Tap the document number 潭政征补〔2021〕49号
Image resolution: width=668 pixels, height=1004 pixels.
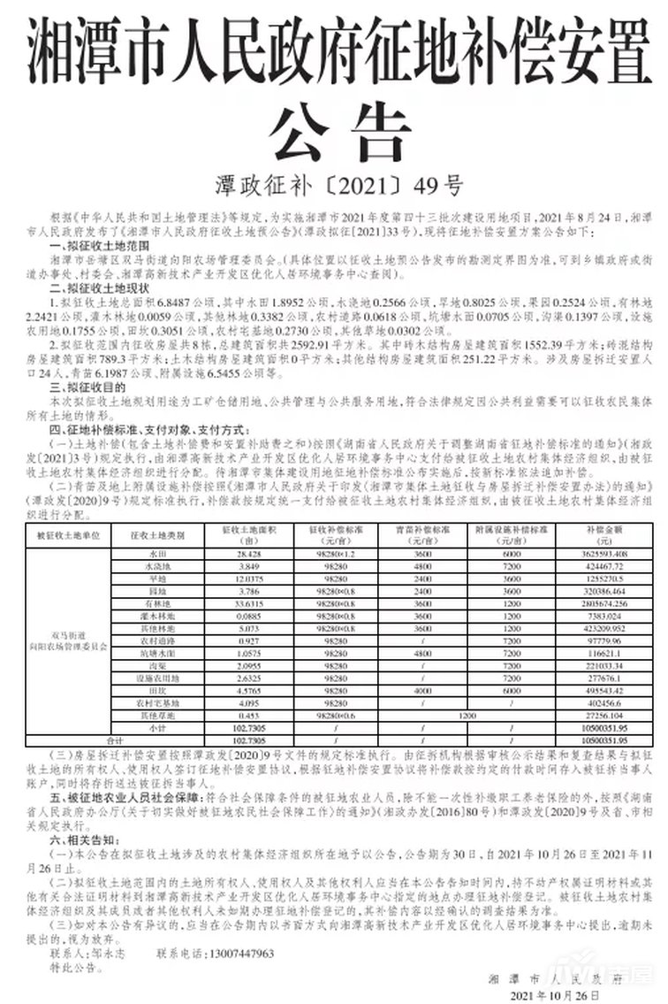[334, 187]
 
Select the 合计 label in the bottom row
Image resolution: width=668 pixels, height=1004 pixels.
[113, 739]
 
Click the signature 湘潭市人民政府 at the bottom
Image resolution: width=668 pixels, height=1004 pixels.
[556, 979]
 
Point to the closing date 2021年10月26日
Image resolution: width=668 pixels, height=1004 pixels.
[558, 994]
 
